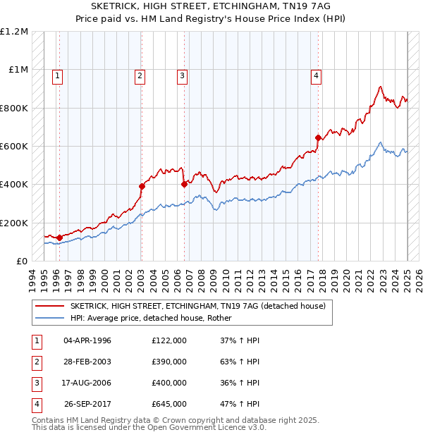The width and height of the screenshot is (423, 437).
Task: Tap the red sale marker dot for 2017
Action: pyautogui.click(x=319, y=137)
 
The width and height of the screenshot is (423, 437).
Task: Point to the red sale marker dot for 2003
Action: pyautogui.click(x=142, y=187)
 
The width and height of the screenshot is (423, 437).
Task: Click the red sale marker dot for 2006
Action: pyautogui.click(x=185, y=185)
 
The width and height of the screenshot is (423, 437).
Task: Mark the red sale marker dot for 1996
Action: pyautogui.click(x=59, y=238)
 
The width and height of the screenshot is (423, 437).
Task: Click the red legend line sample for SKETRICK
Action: pyautogui.click(x=49, y=307)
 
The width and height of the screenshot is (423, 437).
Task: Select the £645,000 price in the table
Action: pyautogui.click(x=168, y=405)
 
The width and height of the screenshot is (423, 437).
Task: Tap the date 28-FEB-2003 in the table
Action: pyautogui.click(x=87, y=362)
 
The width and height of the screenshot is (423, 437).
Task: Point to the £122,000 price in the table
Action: pyautogui.click(x=168, y=340)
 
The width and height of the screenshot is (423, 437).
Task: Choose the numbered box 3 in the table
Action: pyautogui.click(x=35, y=383)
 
